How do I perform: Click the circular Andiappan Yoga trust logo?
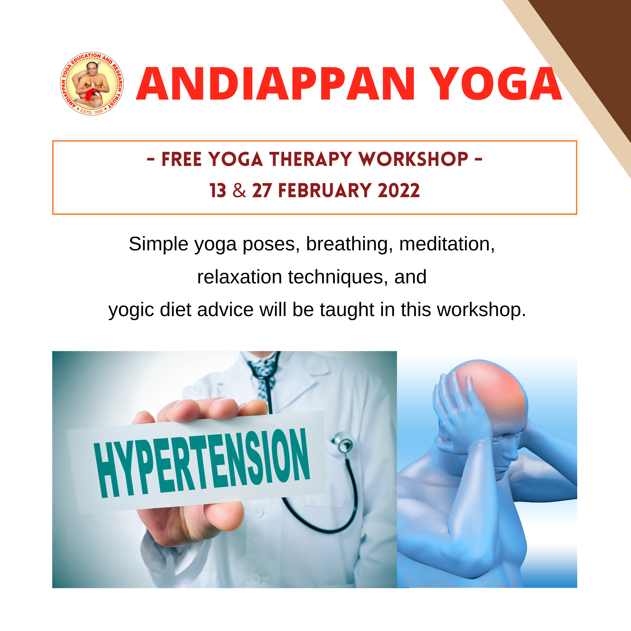[92, 84]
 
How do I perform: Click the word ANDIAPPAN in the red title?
[275, 84]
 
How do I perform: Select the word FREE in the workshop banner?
[182, 160]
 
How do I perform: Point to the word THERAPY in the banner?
[311, 160]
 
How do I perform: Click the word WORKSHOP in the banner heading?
[413, 160]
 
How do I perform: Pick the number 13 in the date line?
[218, 191]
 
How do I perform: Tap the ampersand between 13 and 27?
[240, 191]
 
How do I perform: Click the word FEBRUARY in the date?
[325, 191]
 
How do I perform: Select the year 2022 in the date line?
[398, 191]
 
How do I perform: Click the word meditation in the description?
[447, 244]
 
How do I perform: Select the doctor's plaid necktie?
[265, 379]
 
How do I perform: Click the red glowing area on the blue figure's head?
[493, 392]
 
